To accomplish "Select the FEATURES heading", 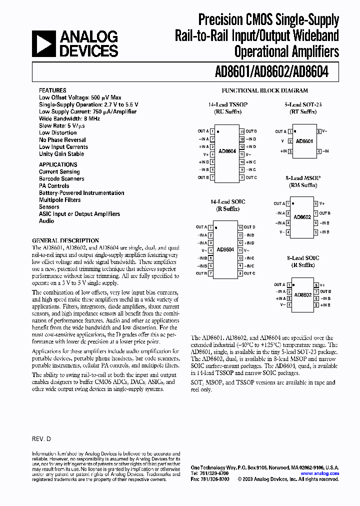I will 52,90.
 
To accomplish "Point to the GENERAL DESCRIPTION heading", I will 65,240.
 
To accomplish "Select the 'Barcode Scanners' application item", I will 61,178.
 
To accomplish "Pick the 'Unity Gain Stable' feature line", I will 61,154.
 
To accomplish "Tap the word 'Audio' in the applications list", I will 46,220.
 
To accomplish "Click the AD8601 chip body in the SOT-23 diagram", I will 303,141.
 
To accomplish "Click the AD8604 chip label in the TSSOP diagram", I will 227,150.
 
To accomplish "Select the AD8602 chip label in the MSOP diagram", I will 302,217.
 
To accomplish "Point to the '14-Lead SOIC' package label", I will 227,202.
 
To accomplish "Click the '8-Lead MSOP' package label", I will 303,178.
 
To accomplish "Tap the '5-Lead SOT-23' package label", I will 303,105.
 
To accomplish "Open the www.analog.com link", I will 319,473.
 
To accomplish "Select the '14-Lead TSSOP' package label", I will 227,105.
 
